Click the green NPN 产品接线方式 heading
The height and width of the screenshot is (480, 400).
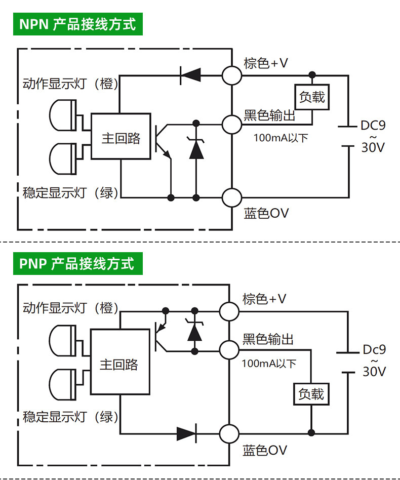78,24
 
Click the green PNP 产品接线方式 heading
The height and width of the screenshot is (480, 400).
78,264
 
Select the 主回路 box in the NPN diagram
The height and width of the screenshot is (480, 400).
121,136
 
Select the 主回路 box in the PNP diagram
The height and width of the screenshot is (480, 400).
120,362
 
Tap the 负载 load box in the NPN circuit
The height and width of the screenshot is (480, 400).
312,97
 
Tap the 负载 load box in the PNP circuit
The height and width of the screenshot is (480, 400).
311,394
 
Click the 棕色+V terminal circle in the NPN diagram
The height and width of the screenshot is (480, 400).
232,75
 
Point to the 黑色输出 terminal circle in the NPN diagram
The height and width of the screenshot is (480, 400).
232,124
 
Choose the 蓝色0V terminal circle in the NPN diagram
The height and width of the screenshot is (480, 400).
232,198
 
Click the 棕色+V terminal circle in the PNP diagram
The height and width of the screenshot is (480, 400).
229,311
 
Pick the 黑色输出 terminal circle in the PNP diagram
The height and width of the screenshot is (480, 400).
229,349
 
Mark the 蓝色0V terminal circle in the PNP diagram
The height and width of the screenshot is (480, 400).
229,433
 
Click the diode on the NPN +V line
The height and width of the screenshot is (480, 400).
190,75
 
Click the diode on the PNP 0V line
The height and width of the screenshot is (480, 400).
187,433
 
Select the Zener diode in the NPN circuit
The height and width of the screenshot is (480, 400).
196,148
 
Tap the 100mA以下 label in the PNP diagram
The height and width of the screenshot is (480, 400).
269,364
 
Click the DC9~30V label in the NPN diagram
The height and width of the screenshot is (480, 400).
373,136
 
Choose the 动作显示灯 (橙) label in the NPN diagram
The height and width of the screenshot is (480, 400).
70,84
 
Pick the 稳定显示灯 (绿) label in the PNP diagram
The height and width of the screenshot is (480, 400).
70,417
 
